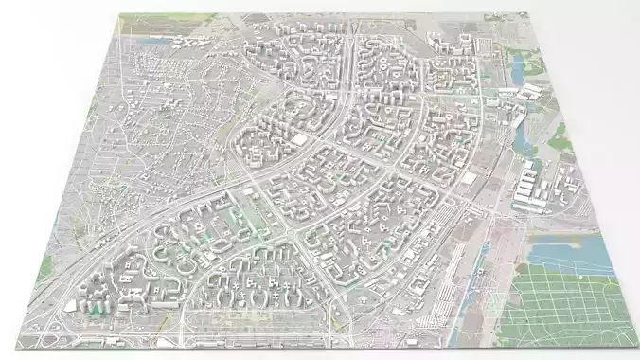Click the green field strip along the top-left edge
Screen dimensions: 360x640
point(151,18)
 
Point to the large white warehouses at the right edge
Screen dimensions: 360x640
point(530,185)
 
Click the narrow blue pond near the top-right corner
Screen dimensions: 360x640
point(519,71)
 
